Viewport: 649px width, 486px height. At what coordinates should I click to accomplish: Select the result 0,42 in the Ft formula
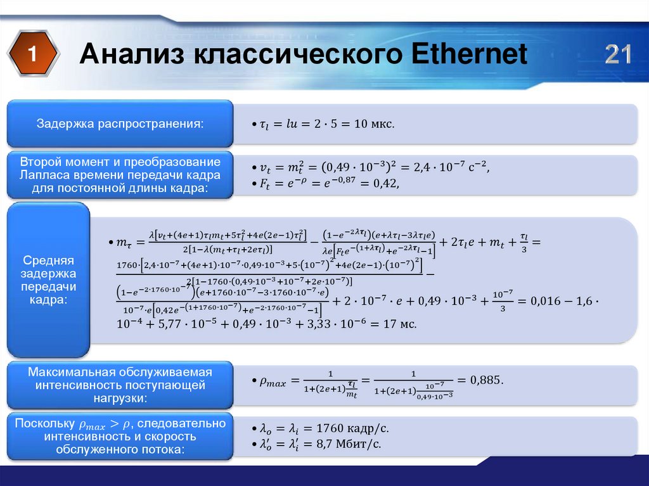click(x=387, y=184)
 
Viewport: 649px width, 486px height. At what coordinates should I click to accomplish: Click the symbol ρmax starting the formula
click(x=273, y=381)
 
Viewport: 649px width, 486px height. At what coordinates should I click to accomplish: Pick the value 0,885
click(x=485, y=380)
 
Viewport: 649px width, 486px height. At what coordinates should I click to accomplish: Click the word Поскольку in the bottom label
click(x=44, y=423)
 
